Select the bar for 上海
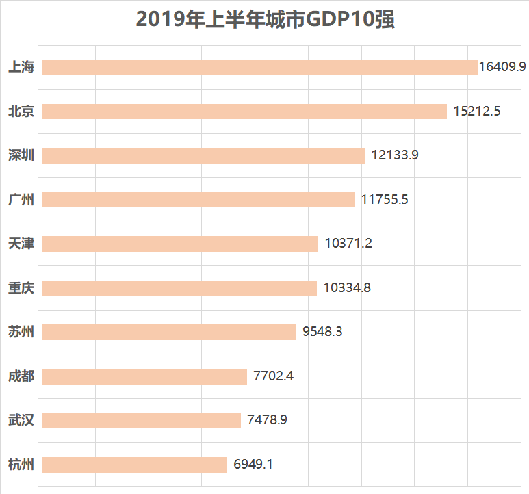[260, 67]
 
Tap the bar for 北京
[244, 112]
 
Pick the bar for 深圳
[203, 155]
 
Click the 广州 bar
[198, 200]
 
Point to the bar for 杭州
[135, 465]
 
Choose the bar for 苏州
[169, 332]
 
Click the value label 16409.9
[502, 67]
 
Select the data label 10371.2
[348, 244]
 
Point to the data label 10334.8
[347, 288]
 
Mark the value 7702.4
[273, 376]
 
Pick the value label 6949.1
[253, 465]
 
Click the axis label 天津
[21, 244]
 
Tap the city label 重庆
[21, 288]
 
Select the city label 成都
[21, 376]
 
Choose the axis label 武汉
[21, 420]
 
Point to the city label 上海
[21, 67]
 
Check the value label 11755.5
[385, 200]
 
